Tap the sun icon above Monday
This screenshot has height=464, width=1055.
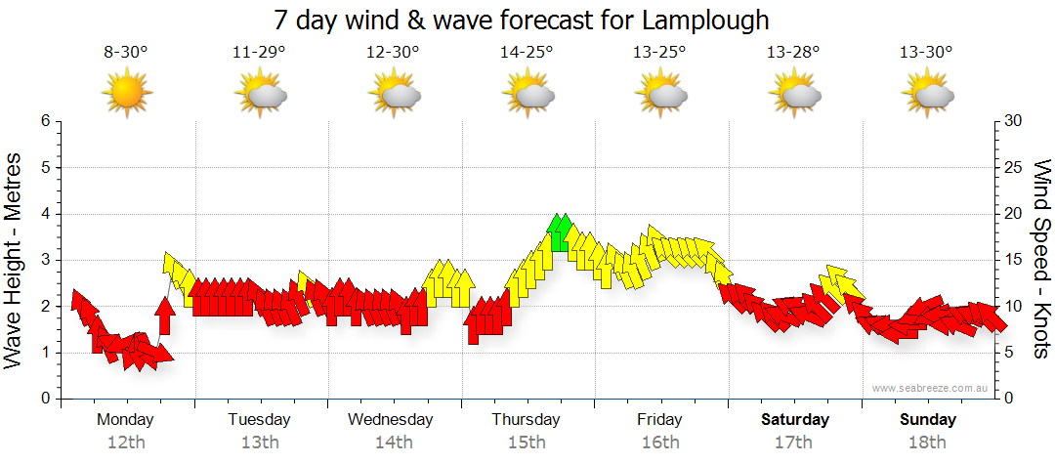tap(126, 92)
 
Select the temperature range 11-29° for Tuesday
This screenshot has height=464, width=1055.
tap(259, 52)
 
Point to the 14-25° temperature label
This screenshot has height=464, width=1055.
tap(527, 52)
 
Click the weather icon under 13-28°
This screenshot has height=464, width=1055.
tap(794, 93)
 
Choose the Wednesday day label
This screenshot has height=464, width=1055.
tap(391, 419)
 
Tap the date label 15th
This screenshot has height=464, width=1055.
tap(527, 442)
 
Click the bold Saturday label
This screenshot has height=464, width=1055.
tap(795, 419)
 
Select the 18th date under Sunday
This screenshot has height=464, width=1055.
tap(928, 442)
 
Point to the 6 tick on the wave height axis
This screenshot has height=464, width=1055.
tap(44, 121)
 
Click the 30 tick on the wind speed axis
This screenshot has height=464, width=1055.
tap(1014, 121)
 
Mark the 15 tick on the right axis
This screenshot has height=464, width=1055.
tap(1014, 260)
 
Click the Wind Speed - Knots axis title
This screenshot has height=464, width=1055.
tap(1040, 258)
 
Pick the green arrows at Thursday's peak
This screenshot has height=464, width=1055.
tap(560, 232)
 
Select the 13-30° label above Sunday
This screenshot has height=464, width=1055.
tap(927, 52)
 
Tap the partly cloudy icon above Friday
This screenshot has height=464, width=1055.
tap(660, 93)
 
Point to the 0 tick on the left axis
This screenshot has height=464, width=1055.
tap(44, 399)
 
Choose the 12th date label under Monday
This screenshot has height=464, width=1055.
tap(126, 442)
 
